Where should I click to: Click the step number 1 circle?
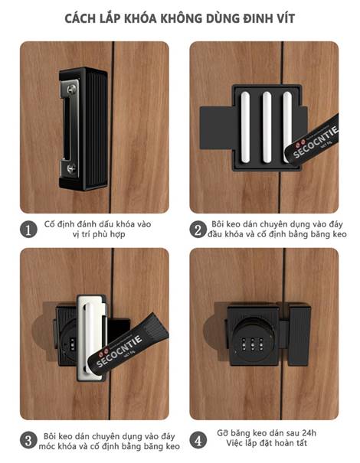pos(28,230)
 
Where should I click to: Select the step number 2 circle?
pos(198,230)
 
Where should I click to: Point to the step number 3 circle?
pos(28,441)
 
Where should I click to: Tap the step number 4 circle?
pos(198,441)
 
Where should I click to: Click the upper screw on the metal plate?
pos(72,89)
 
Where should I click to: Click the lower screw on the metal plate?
pos(71,168)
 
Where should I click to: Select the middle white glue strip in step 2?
pos(267,127)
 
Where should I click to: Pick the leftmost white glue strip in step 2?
pos(245,127)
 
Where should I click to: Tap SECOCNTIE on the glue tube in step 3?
pos(119,351)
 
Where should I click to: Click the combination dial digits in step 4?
pos(252,343)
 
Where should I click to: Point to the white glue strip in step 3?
pos(89,337)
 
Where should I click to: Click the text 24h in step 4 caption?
pos(309,433)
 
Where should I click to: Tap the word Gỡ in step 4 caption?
pos(223,433)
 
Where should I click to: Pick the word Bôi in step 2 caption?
pos(218,224)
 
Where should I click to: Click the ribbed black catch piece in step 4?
pos(299,335)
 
